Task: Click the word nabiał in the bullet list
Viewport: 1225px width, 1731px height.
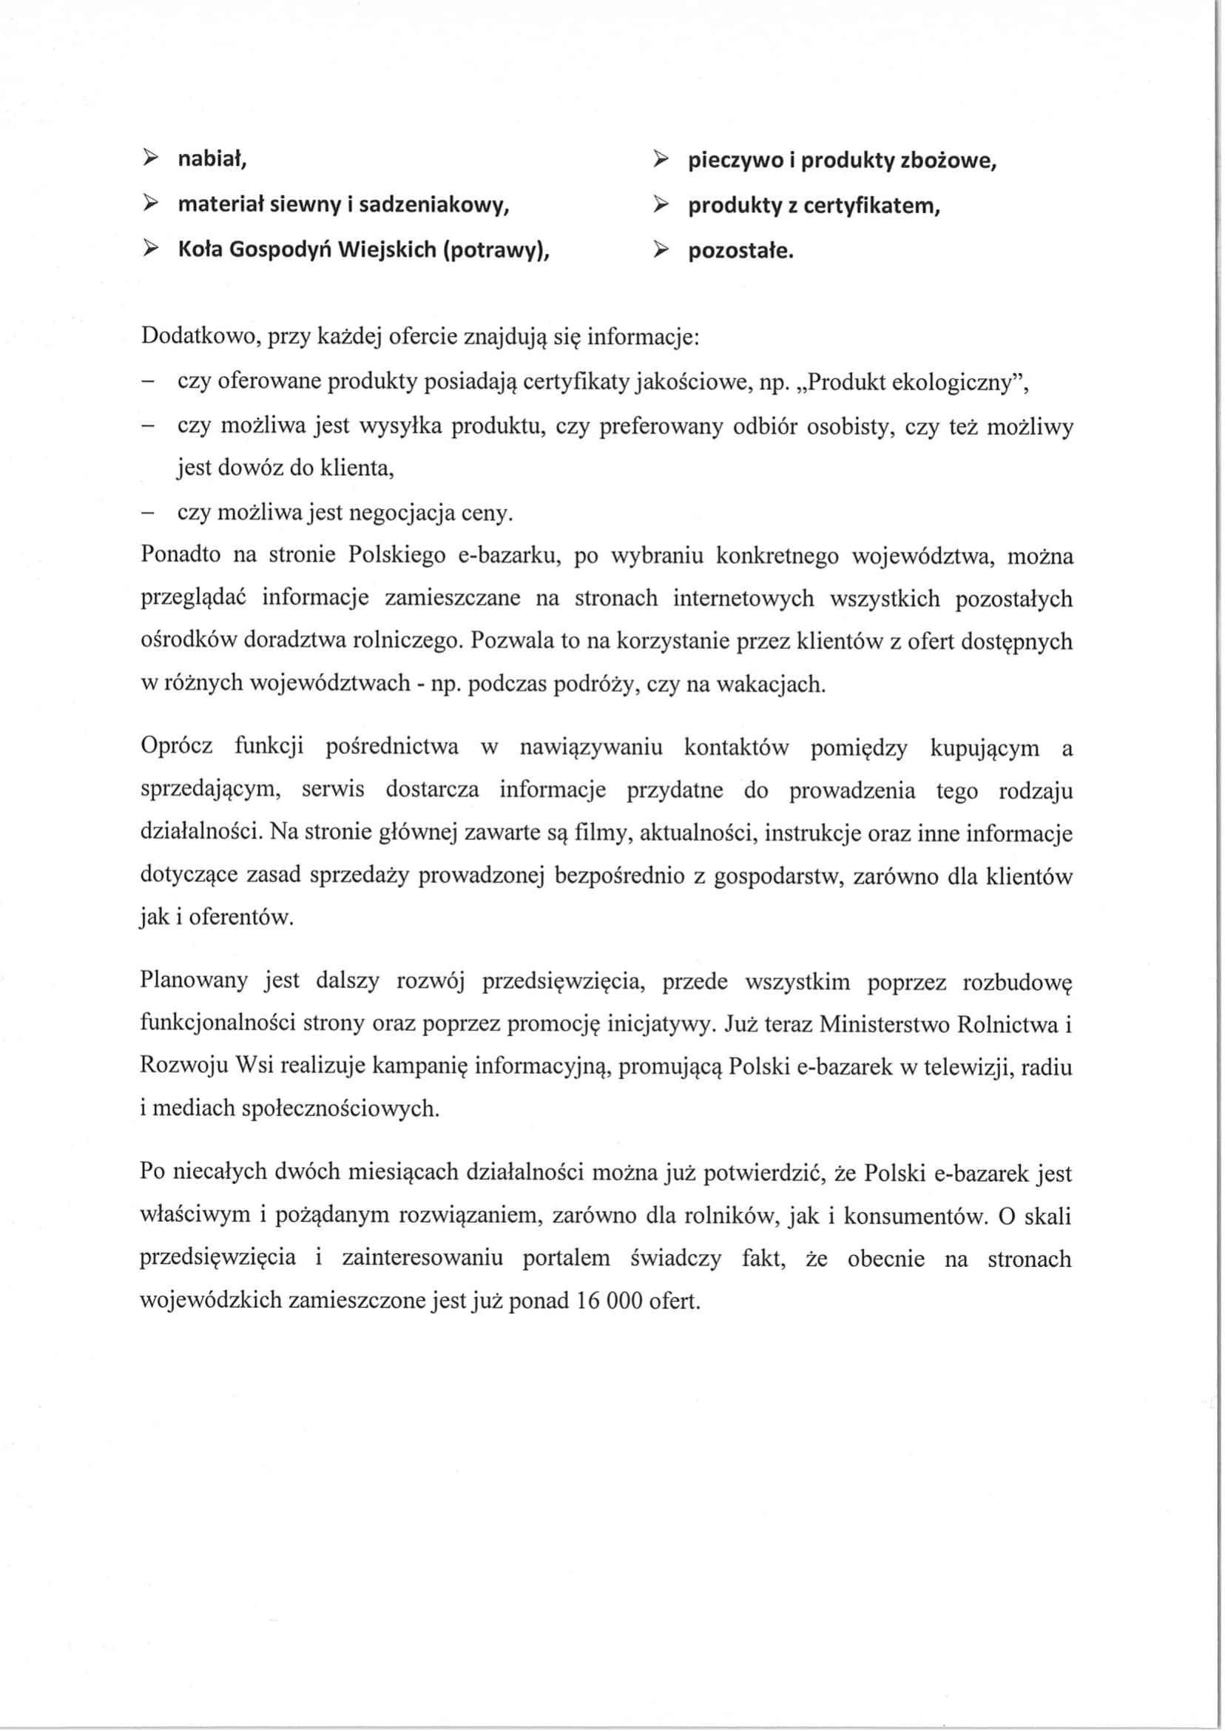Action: point(212,159)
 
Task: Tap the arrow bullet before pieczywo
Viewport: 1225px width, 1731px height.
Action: point(660,160)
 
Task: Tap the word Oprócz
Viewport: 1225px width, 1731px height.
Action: point(177,747)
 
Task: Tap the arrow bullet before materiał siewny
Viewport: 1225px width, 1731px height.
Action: point(151,204)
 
